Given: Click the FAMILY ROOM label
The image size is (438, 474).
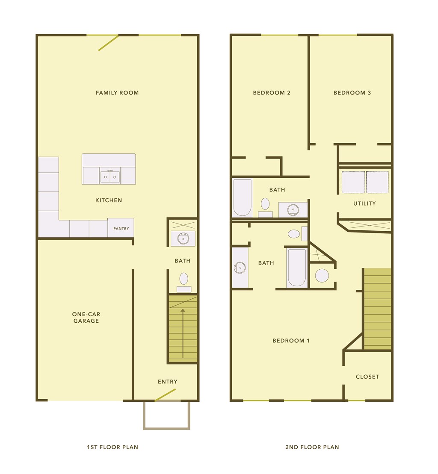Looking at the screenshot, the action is (x=117, y=93).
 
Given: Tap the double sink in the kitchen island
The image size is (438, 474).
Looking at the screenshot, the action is (x=110, y=176).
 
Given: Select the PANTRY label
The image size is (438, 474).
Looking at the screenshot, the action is (x=121, y=229).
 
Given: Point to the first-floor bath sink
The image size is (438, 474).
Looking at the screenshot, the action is (x=183, y=238).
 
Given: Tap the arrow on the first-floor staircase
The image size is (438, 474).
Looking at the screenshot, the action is (x=183, y=333).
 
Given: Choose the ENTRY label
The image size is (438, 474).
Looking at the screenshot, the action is (x=168, y=382).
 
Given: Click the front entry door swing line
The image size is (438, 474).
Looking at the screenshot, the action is (x=165, y=395).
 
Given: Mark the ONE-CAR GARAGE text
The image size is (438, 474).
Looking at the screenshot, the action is (x=86, y=318).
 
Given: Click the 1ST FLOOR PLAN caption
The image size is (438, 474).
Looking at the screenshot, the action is (x=112, y=447).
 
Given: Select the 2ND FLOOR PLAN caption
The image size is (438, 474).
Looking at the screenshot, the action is (x=312, y=447).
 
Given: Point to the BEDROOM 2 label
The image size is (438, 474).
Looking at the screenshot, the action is (x=272, y=93).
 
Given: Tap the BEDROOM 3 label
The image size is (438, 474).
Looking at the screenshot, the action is (x=352, y=93).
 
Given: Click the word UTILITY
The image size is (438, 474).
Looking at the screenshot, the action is (x=364, y=203).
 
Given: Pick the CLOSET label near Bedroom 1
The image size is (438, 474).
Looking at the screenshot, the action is (x=367, y=377).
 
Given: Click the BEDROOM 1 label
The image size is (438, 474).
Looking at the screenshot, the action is (x=291, y=341).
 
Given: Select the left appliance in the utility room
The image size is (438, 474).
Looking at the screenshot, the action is (x=353, y=182).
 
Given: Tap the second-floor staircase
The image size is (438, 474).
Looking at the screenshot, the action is (x=377, y=309).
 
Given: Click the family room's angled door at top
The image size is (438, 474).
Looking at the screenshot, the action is (x=108, y=43).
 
